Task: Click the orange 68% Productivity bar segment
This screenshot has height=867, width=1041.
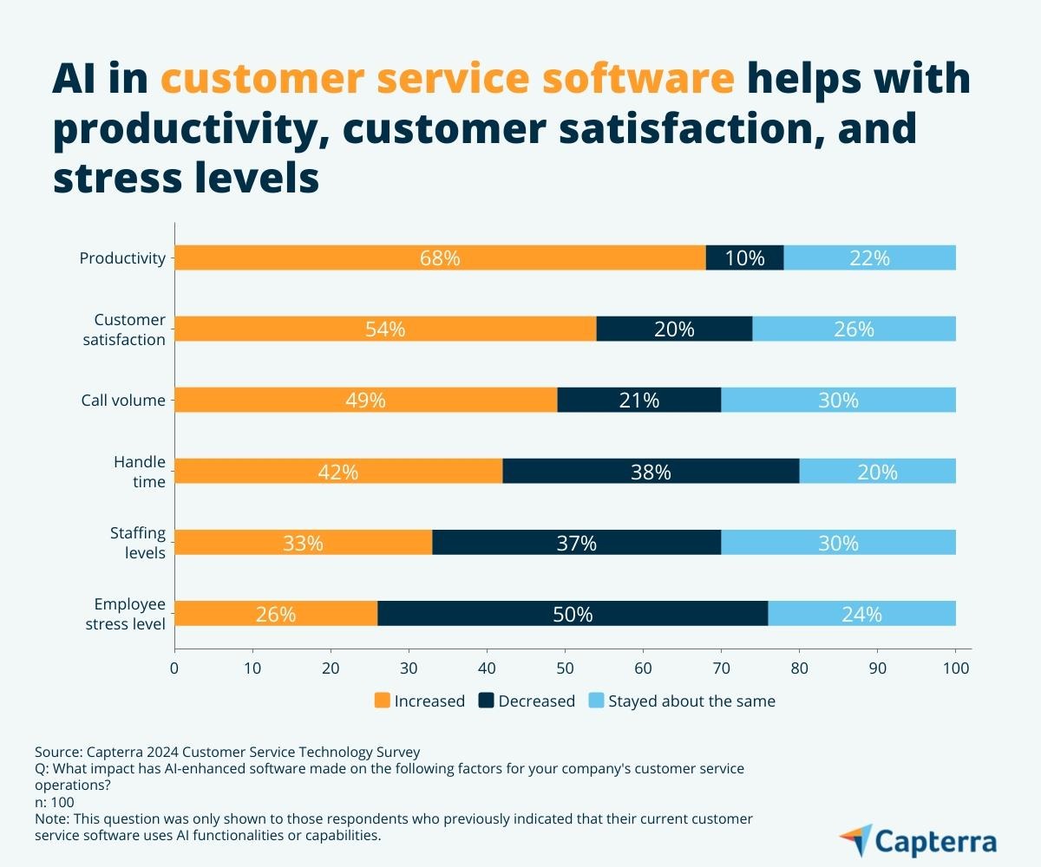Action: tap(440, 257)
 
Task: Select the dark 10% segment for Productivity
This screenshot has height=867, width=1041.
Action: tap(744, 257)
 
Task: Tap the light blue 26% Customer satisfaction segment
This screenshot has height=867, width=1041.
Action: tap(854, 329)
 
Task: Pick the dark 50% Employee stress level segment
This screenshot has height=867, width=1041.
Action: tap(573, 614)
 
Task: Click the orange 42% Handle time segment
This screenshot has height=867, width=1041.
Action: tap(338, 472)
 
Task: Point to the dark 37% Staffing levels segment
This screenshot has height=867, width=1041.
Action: tap(576, 543)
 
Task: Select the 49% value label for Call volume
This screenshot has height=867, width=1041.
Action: tap(365, 400)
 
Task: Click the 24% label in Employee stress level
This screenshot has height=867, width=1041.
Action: tap(861, 614)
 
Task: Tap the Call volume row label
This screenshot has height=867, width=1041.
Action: tap(123, 400)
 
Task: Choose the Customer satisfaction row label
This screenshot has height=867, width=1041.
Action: tap(124, 329)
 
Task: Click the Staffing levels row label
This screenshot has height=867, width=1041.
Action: tap(137, 542)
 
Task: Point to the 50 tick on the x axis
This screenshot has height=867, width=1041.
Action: tap(565, 668)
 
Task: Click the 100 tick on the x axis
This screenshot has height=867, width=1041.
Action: tap(955, 668)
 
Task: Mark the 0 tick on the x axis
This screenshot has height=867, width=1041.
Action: tap(174, 668)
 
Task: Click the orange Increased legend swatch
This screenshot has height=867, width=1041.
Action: tap(382, 701)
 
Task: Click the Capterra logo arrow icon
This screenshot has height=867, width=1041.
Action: tap(854, 840)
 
